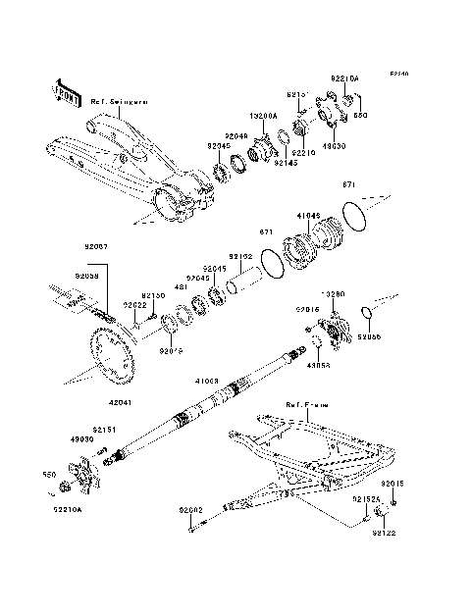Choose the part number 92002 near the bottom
(190, 510)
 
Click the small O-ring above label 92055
(368, 313)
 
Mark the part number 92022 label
(135, 304)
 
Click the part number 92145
(286, 163)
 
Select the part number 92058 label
(87, 277)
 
